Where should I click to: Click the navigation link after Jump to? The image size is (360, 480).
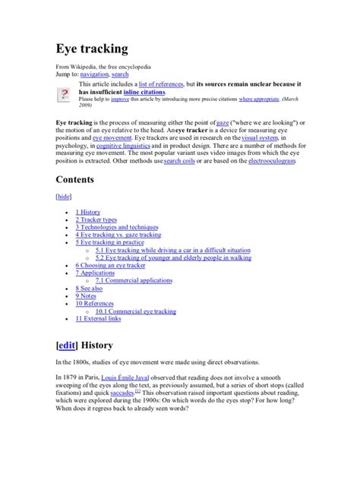click(94, 74)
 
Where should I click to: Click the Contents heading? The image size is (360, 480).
click(84, 180)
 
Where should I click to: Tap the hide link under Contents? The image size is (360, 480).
click(65, 196)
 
